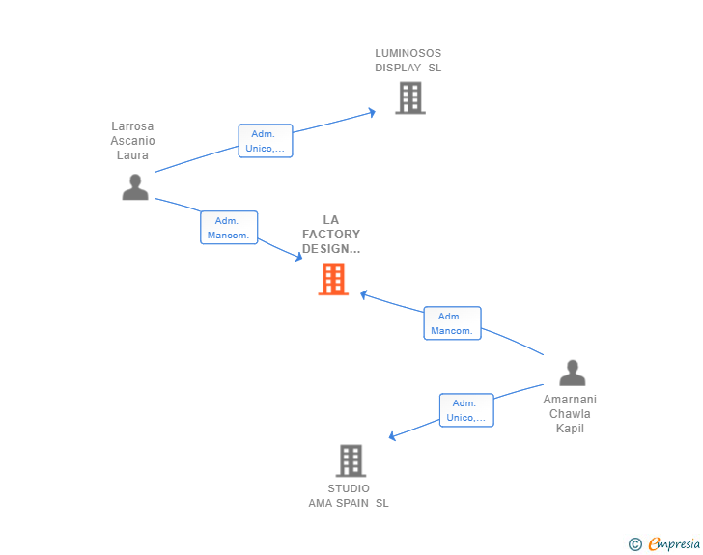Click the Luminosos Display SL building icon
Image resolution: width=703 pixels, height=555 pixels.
(409, 97)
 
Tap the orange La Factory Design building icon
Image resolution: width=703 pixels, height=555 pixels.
(333, 279)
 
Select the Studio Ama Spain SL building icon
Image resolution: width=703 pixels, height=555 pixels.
(351, 460)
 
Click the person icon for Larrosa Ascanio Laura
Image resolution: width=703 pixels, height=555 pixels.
(135, 187)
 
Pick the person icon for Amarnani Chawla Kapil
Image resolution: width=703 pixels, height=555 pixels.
(572, 373)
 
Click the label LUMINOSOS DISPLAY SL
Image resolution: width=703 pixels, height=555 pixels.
(408, 61)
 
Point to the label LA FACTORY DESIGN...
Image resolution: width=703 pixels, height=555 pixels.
(331, 235)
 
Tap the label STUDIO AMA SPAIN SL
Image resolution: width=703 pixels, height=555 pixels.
(349, 495)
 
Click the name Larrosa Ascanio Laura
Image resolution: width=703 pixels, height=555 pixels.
(132, 141)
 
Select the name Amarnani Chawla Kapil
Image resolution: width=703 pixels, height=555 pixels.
(570, 414)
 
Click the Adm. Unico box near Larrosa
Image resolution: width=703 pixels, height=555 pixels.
(266, 141)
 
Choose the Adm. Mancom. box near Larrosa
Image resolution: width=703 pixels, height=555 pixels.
(229, 228)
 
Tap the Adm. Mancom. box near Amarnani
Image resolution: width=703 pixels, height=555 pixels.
(452, 323)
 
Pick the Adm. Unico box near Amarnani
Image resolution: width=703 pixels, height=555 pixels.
(466, 410)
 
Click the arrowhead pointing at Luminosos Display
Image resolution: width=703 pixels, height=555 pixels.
(372, 113)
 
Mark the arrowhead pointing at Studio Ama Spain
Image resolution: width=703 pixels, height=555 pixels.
(392, 436)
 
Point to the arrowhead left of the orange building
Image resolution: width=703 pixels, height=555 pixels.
(298, 258)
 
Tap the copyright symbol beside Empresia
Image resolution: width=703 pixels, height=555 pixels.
(634, 544)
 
